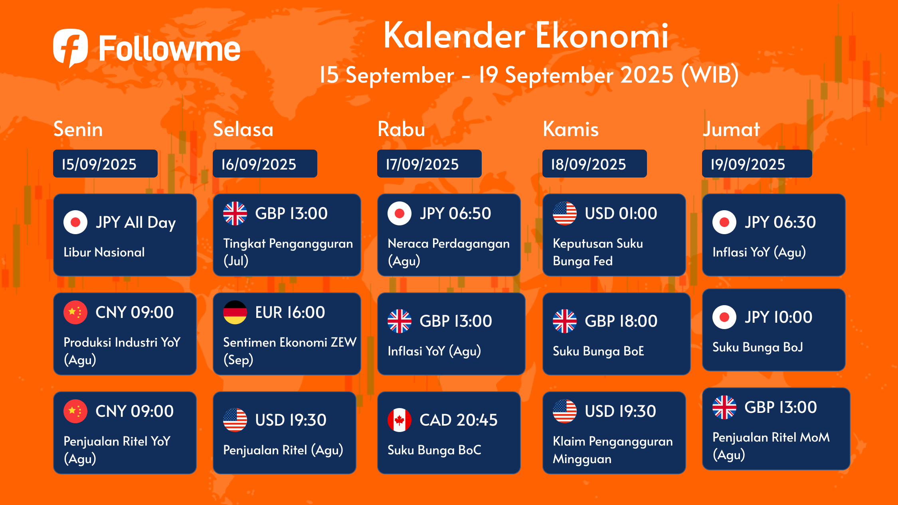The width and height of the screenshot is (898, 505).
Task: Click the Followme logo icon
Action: click(71, 47)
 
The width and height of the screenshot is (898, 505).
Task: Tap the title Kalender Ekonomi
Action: click(526, 36)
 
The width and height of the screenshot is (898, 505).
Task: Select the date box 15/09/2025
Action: click(105, 164)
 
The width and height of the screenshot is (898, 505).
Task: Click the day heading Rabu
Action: click(401, 129)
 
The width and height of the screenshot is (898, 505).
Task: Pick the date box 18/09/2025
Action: click(595, 164)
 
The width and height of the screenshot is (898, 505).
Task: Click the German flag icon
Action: click(235, 312)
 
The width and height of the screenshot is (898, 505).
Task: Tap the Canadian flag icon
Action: click(400, 420)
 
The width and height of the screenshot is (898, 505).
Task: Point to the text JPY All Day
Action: click(136, 223)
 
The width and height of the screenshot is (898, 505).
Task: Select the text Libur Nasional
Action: click(104, 252)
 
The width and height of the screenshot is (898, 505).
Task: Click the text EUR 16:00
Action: click(290, 312)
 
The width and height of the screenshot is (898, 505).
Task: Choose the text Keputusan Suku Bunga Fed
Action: click(598, 252)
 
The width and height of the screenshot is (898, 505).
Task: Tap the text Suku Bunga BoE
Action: click(598, 351)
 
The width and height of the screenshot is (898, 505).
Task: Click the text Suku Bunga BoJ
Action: click(758, 347)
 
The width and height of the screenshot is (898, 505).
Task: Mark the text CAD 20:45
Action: click(459, 420)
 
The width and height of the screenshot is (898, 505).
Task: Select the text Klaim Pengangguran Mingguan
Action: click(613, 450)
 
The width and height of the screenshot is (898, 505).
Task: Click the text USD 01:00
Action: click(621, 213)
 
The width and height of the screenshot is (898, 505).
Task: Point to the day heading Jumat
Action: click(731, 129)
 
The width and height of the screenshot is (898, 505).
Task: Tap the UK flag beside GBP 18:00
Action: click(565, 321)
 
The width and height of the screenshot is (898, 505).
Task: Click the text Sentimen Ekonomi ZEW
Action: click(290, 342)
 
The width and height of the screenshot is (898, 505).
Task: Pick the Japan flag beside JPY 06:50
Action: click(400, 213)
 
